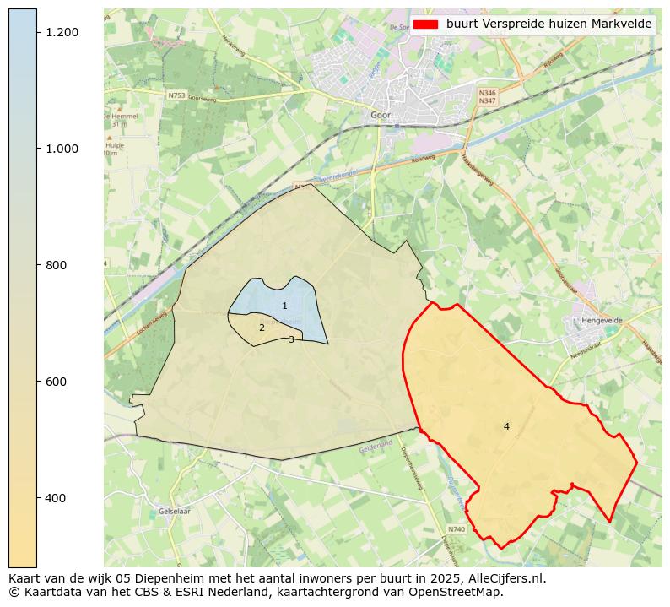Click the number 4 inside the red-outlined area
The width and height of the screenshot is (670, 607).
pos(506,426)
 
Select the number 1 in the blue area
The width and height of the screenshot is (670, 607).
pos(284,306)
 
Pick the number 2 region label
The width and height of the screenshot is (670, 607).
pos(262,328)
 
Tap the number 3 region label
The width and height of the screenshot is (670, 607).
pos(291,339)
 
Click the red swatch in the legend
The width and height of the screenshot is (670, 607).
pos(425,24)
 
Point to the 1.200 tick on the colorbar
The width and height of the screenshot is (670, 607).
pos(61,32)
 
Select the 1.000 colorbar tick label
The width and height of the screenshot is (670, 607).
pos(61,149)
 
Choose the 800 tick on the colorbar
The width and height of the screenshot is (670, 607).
pos(56,265)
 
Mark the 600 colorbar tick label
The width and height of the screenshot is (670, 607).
pos(56,382)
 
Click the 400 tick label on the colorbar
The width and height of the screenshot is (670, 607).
pos(56,498)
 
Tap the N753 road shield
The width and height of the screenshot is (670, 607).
pos(176,95)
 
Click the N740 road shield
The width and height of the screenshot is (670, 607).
pos(457,529)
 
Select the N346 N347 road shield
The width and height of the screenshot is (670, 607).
pos(487,97)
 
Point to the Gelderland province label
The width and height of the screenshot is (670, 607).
pos(376,445)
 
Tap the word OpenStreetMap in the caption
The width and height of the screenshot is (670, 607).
pos(462,592)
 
